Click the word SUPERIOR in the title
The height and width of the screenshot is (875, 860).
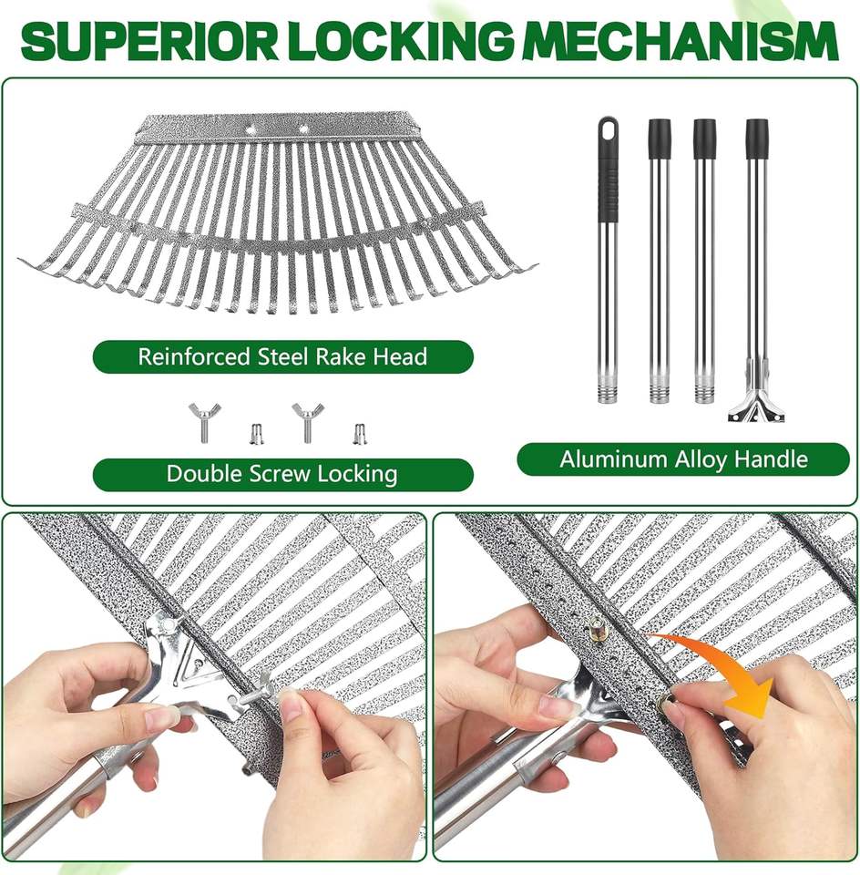[148, 41]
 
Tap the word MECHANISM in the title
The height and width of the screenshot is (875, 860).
[682, 41]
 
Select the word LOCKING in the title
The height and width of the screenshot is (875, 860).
[403, 41]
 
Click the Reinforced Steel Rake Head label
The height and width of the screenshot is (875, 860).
[282, 356]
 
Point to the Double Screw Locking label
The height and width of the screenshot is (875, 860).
[282, 474]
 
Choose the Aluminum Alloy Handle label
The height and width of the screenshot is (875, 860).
[684, 459]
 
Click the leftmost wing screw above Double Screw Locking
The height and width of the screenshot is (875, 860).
[205, 421]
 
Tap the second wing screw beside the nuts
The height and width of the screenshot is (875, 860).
[307, 421]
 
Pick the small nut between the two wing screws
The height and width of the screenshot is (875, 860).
[256, 434]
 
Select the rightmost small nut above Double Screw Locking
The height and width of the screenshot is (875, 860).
[359, 434]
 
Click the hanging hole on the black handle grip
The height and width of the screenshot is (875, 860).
[608, 132]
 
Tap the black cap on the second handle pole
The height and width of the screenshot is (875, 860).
[660, 139]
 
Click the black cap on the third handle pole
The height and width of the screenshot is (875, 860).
[704, 139]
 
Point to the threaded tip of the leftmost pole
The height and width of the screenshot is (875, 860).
[608, 391]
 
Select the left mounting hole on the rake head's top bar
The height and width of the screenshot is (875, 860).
[251, 128]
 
